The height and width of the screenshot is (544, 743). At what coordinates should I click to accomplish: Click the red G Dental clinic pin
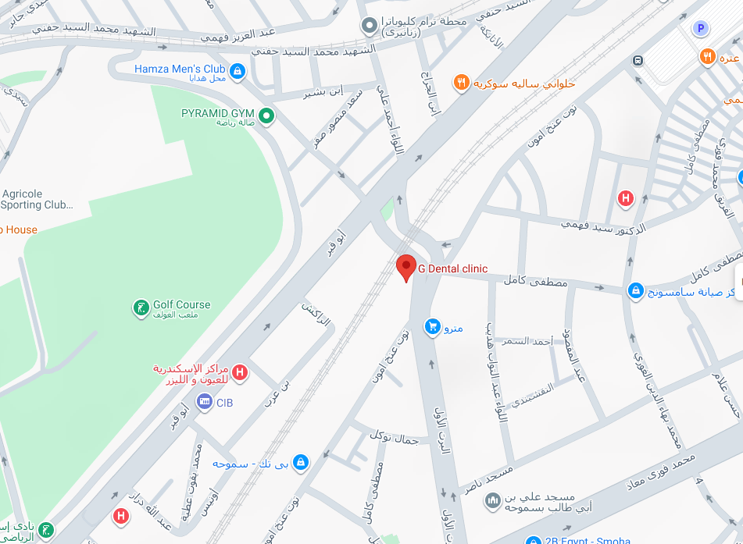405,267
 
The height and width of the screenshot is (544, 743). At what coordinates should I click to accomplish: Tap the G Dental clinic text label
452,268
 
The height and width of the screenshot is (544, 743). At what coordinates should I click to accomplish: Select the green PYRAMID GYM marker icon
266,116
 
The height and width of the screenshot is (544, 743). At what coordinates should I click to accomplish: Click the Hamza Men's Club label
180,69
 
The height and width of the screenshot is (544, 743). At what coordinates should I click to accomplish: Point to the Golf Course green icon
141,308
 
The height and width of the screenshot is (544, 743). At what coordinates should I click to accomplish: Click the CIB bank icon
205,402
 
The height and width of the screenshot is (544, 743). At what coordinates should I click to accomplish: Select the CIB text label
225,403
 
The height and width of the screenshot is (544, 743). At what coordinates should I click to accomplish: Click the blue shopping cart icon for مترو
432,326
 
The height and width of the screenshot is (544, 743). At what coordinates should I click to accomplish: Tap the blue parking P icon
701,29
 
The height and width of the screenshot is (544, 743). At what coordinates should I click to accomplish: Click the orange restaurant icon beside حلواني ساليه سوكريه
462,82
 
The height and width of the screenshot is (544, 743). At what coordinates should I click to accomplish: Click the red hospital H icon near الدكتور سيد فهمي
625,198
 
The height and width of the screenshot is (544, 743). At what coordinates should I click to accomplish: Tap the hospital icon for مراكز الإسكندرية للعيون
240,373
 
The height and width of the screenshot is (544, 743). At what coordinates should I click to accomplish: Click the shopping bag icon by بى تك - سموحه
301,463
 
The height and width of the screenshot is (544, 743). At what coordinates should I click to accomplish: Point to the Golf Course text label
182,304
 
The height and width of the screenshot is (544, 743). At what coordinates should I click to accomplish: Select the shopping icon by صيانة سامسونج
635,291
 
